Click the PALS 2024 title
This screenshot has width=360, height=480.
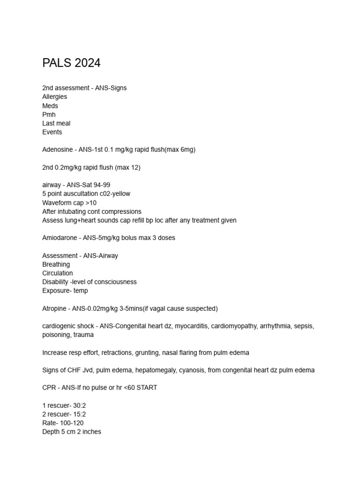[x=71, y=63]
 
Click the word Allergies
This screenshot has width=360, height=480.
[x=54, y=97]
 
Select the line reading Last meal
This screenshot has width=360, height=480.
[x=56, y=123]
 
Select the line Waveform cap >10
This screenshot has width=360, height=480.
[x=69, y=202]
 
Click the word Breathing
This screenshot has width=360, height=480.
[x=56, y=264]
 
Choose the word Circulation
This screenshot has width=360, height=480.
[x=57, y=273]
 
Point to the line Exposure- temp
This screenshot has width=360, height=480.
[x=65, y=291]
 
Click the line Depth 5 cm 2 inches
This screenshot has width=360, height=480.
[x=71, y=432]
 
